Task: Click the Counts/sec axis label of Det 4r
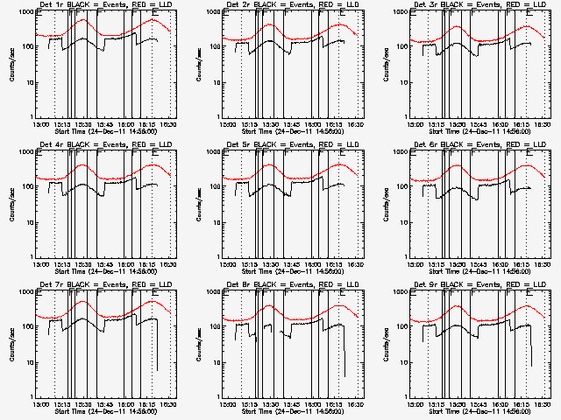11,204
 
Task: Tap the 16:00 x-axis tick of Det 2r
313,124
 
